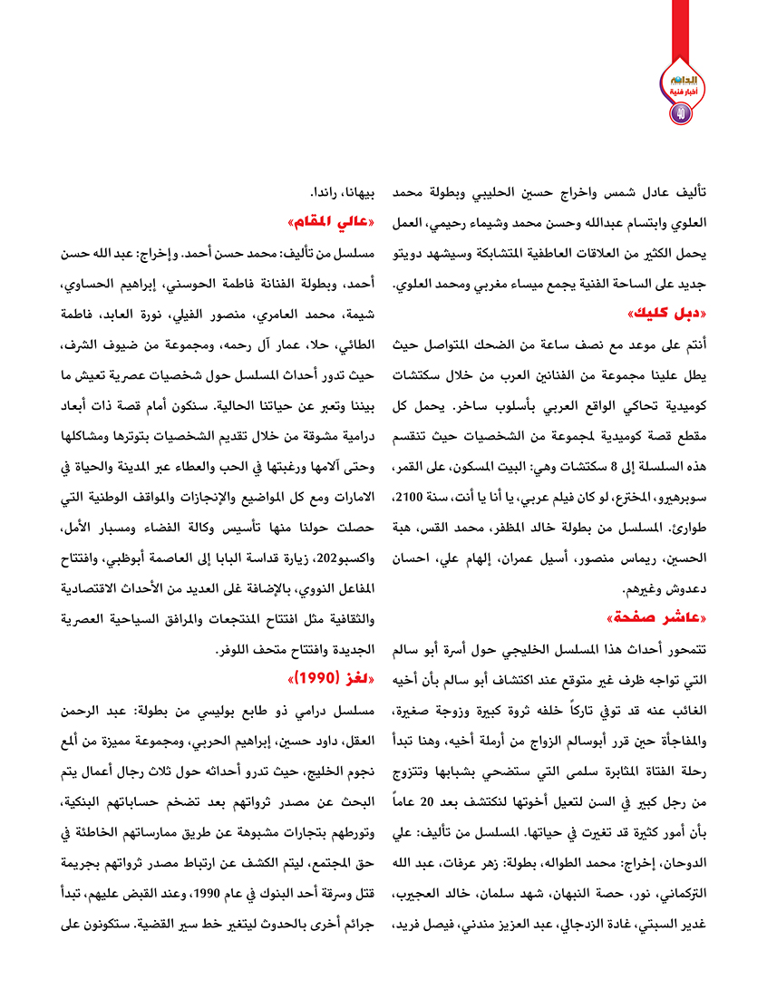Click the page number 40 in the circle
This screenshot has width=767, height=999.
pyautogui.click(x=681, y=113)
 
